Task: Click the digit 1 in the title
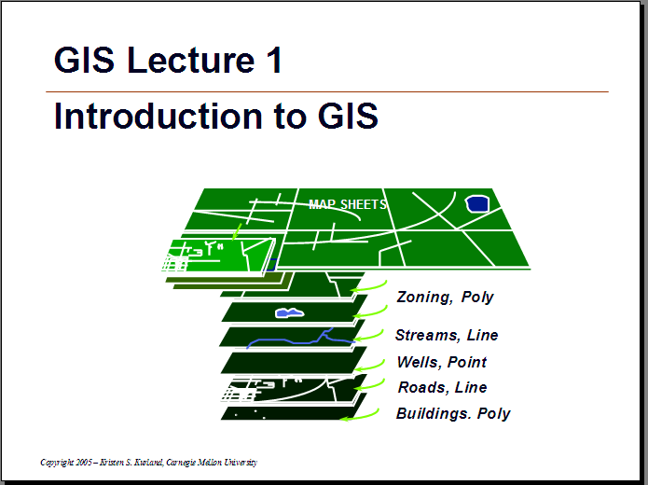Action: coord(274,60)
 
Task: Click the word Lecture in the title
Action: coord(190,61)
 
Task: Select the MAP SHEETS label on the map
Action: coord(348,204)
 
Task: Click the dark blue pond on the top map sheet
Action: coord(477,204)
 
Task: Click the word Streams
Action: coord(427,335)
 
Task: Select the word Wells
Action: coord(419,362)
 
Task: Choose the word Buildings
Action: coord(434,413)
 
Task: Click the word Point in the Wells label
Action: coord(467,362)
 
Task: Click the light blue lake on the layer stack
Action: coord(290,313)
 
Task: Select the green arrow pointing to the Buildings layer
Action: coord(361,416)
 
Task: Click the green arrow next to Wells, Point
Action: coord(371,367)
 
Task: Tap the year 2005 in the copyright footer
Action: coord(84,463)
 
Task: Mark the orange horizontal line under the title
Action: coord(327,91)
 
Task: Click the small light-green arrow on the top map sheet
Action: coord(237,231)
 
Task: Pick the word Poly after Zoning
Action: coord(477,297)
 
